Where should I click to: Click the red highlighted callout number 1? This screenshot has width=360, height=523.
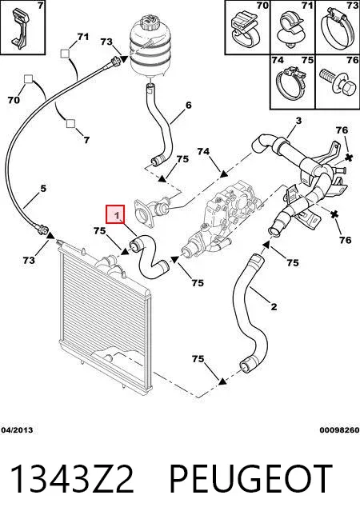(115, 214)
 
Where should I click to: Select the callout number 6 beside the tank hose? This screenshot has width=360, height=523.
(189, 106)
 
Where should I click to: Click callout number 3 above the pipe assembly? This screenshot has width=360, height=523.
(298, 121)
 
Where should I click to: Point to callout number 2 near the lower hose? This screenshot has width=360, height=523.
(274, 306)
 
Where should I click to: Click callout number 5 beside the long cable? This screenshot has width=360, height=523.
(43, 189)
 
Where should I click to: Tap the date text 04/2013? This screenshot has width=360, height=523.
(17, 430)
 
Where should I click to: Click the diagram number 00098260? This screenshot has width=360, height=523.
(339, 430)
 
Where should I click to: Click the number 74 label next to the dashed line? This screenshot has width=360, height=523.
(203, 152)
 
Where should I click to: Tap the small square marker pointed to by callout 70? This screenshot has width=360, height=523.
(28, 79)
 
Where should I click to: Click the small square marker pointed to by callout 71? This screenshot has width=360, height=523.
(65, 54)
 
